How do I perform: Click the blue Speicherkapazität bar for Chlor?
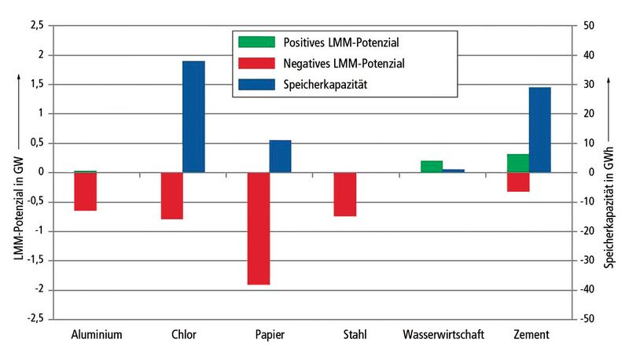[193, 116]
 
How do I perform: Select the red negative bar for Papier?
[258, 228]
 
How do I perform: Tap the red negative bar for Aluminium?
[85, 191]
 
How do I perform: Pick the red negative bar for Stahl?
[344, 194]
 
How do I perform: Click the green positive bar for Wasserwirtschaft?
[431, 166]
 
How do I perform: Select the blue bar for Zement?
[539, 130]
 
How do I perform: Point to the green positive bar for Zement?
[517, 163]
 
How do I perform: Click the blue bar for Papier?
[280, 156]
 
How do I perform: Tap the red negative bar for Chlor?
[171, 195]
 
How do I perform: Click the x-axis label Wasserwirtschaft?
[443, 335]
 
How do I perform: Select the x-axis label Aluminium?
[96, 335]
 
